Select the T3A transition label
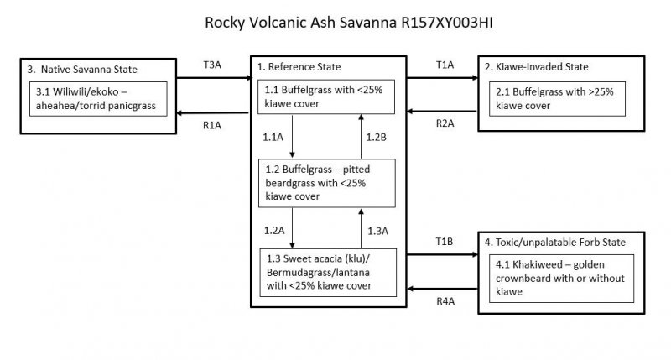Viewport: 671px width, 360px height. pyautogui.click(x=212, y=65)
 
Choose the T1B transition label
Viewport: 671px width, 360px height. pyautogui.click(x=445, y=241)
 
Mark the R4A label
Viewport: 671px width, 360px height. pyautogui.click(x=445, y=300)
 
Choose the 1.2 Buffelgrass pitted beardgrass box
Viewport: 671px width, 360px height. pyautogui.click(x=326, y=184)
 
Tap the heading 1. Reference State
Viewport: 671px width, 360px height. pyautogui.click(x=300, y=66)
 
